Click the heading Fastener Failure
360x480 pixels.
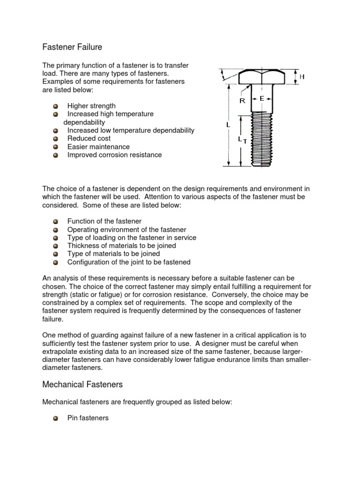click(72, 47)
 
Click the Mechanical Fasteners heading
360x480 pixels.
click(82, 384)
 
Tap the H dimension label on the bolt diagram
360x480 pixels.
click(302, 76)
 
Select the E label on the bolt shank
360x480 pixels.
click(262, 98)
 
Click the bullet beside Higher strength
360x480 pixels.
click(56, 106)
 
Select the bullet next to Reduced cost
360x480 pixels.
click(56, 139)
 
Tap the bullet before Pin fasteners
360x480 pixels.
click(56, 418)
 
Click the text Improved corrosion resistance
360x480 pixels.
click(114, 155)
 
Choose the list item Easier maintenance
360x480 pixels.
click(98, 147)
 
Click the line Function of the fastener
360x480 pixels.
click(104, 221)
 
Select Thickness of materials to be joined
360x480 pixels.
click(121, 246)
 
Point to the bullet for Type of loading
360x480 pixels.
click(56, 238)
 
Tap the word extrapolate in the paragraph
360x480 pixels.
click(62, 352)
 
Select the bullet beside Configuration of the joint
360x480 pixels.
click(56, 262)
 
